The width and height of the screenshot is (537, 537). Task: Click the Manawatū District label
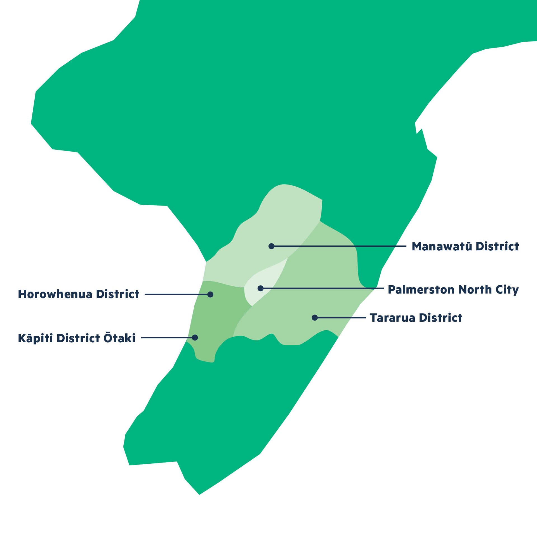(x=465, y=246)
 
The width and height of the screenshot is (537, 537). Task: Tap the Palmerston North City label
(x=453, y=289)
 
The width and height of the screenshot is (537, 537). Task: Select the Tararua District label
(x=416, y=318)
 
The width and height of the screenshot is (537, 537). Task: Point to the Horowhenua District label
(x=79, y=294)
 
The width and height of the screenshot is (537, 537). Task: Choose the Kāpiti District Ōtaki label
(x=77, y=338)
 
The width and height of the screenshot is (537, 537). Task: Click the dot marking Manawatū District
(x=271, y=246)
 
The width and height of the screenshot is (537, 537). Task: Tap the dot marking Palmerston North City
(x=260, y=288)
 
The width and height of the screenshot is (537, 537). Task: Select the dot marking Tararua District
(x=315, y=317)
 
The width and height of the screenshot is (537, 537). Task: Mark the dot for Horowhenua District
(x=210, y=295)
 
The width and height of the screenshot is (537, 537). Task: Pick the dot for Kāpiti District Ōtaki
(x=195, y=338)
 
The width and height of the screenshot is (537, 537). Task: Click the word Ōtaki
(x=119, y=338)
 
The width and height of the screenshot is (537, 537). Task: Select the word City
(x=507, y=290)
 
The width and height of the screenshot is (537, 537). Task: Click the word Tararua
(x=392, y=318)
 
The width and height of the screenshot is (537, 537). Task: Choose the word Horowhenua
(x=55, y=294)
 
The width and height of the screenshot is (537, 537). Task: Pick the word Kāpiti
(x=35, y=338)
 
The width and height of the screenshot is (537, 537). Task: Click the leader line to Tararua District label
(x=341, y=318)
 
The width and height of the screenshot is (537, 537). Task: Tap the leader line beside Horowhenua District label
(x=176, y=295)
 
